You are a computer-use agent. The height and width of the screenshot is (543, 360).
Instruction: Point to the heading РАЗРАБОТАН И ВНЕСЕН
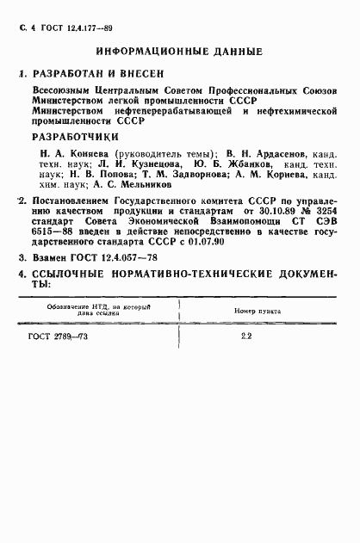click(x=95, y=74)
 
